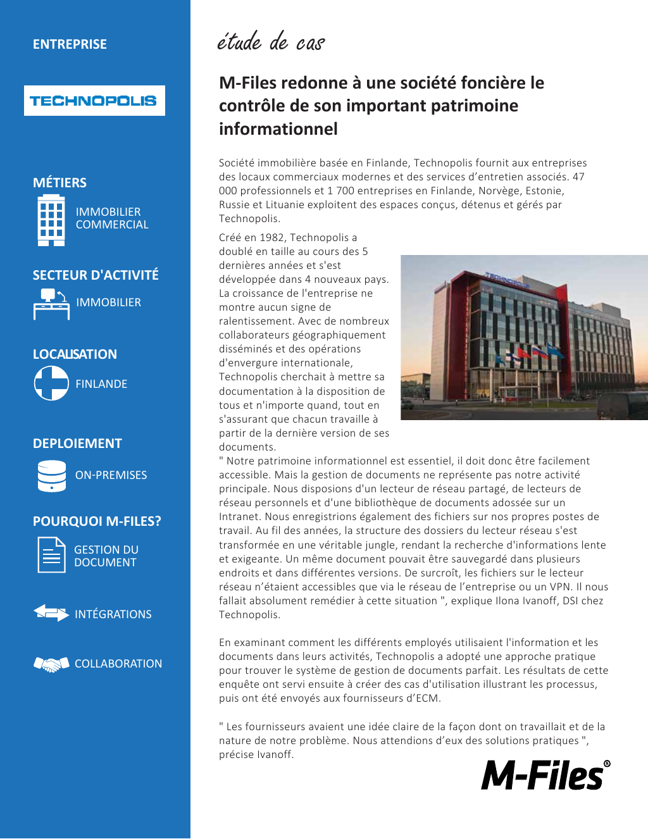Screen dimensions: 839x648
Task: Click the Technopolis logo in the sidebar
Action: coord(94,101)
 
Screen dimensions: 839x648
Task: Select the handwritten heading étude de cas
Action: coord(271,42)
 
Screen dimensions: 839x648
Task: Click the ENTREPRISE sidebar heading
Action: coord(70,44)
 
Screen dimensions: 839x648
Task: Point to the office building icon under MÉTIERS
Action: coord(51,220)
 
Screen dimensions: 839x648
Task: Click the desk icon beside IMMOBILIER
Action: coord(51,304)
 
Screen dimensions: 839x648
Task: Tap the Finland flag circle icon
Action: coord(51,383)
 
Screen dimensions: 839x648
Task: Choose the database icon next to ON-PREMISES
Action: coord(51,476)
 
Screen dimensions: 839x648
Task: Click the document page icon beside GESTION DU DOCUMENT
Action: coord(51,555)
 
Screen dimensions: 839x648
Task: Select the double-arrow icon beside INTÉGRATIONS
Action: coord(51,613)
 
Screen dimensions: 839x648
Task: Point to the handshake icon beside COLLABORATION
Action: coord(51,664)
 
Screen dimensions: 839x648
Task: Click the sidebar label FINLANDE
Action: coord(101,384)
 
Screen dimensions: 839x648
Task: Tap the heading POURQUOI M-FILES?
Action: coord(97,521)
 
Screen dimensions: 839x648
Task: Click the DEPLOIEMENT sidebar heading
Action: coord(77,444)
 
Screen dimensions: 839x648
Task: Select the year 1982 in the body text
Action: coord(272,238)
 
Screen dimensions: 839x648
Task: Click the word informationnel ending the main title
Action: coord(278,129)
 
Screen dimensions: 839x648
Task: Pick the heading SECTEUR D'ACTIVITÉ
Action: coord(96,275)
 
